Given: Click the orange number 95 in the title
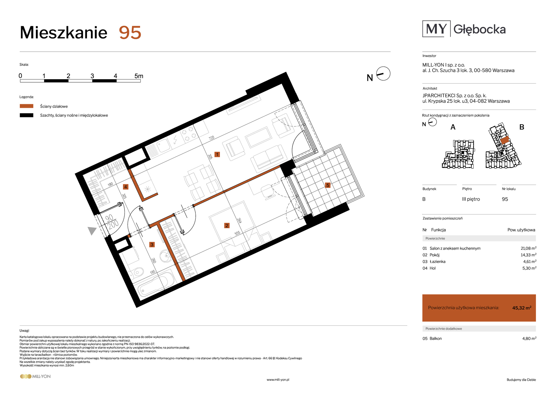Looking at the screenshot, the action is (x=130, y=33).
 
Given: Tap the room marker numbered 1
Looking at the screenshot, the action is (x=217, y=155).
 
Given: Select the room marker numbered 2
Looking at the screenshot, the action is (x=227, y=226).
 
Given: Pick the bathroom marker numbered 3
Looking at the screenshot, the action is (x=152, y=245).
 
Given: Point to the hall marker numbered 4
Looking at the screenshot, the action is (x=126, y=187).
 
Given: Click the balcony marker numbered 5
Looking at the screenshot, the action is (x=328, y=185).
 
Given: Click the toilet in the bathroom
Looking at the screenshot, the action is (x=137, y=272).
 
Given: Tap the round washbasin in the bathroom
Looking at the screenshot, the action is (x=166, y=256).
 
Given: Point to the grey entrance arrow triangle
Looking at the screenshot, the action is (x=91, y=230).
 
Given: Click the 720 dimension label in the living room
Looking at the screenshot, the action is (x=212, y=138).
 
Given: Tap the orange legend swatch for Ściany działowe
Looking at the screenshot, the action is (x=26, y=106).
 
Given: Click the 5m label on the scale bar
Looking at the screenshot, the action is (x=139, y=76).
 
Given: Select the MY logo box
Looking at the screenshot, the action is (x=436, y=29).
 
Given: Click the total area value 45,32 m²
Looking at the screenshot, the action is (x=522, y=308).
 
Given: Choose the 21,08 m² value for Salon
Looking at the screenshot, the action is (x=528, y=248).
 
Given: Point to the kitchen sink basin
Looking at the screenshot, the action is (x=163, y=146).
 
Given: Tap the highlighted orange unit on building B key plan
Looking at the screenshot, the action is (x=505, y=140).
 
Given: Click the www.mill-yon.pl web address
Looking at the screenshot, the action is (x=278, y=380).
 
